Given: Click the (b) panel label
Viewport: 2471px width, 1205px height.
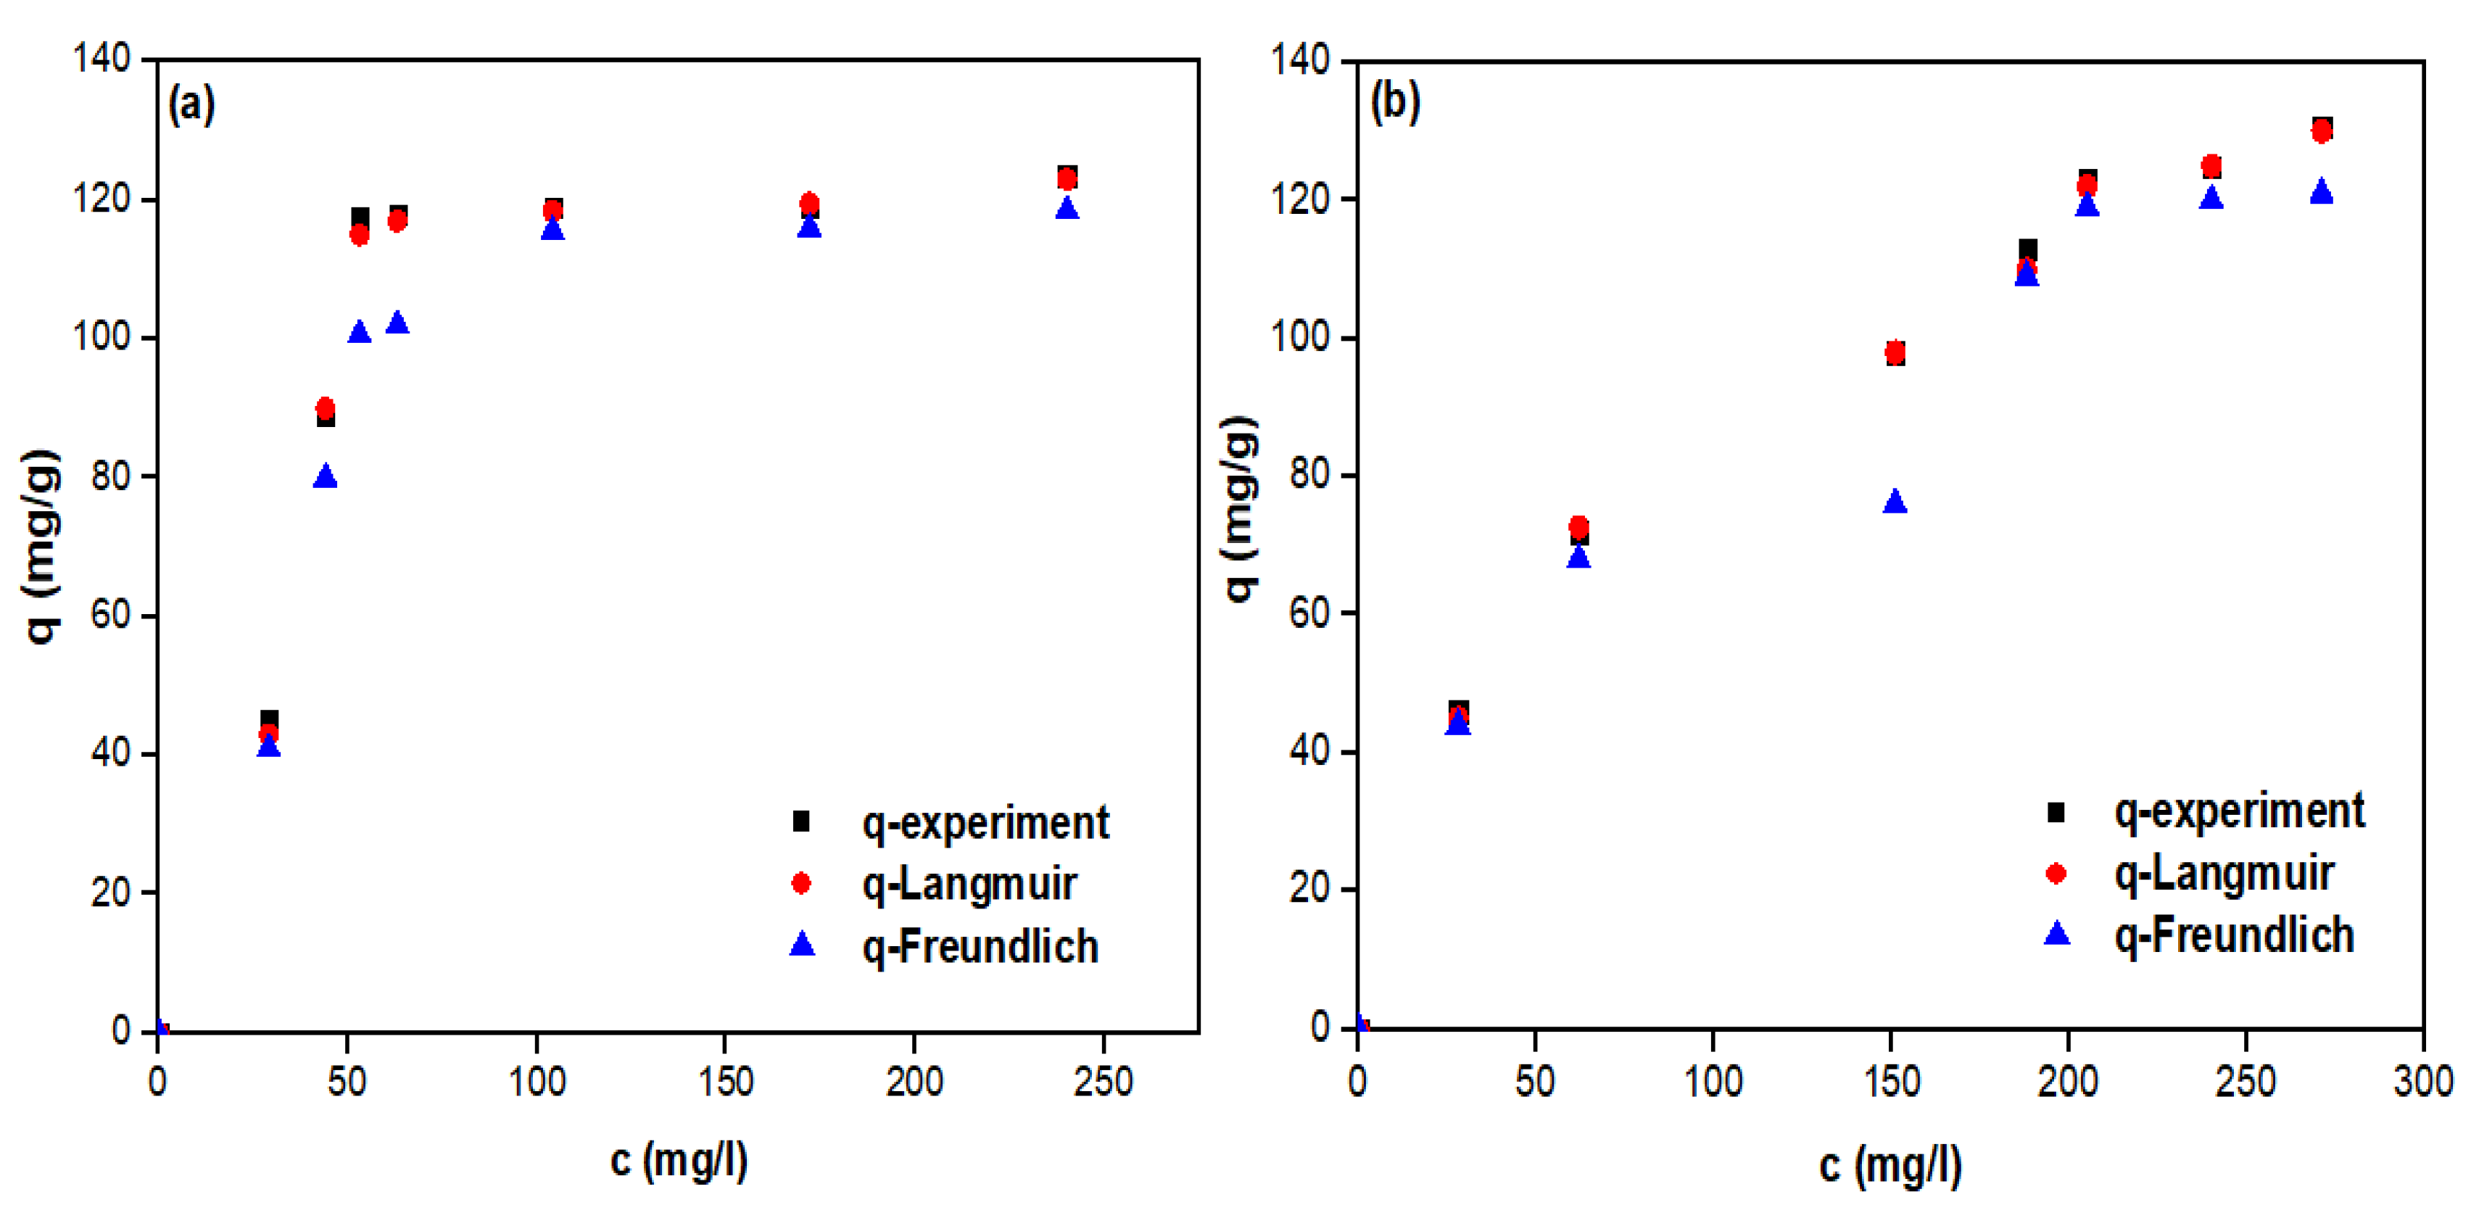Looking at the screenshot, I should (x=1395, y=101).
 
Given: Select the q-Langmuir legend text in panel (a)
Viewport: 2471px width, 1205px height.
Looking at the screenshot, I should (x=969, y=885).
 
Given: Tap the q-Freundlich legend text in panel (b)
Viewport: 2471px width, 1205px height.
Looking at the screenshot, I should (x=2233, y=935).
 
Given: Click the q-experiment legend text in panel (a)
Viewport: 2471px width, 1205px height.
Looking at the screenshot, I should (x=985, y=823).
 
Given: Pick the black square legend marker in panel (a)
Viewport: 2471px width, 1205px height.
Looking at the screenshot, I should (x=801, y=822).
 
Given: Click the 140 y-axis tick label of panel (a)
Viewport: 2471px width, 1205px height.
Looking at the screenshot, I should (x=102, y=59).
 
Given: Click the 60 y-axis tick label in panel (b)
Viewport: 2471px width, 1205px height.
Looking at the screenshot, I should (x=1310, y=613).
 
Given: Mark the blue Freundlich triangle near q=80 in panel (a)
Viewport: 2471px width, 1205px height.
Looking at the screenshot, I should (x=325, y=476).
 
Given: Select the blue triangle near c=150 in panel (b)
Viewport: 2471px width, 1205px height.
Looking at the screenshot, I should (x=1895, y=502).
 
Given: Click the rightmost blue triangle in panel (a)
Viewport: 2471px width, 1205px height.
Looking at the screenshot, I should (x=1067, y=207).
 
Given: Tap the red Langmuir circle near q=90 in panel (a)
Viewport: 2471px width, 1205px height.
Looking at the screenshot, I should (x=325, y=407).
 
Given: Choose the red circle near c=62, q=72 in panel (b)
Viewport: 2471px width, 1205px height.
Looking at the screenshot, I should (x=1578, y=526).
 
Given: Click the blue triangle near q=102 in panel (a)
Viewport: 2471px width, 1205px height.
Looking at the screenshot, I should (x=397, y=323).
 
